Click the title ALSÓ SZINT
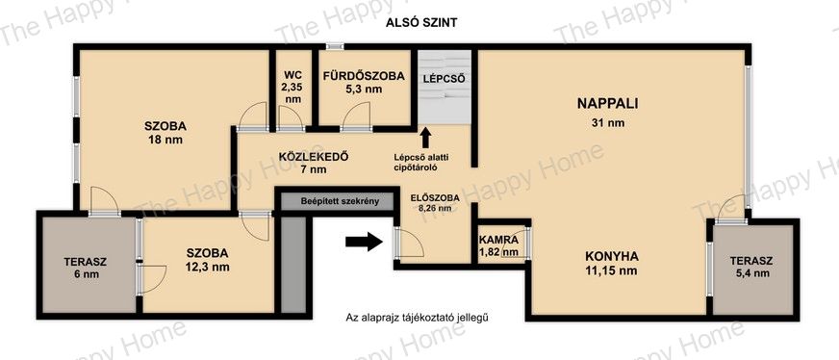pyautogui.click(x=423, y=22)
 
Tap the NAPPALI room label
pyautogui.click(x=607, y=104)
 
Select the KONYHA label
pyautogui.click(x=611, y=256)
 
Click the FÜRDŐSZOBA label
pyautogui.click(x=364, y=76)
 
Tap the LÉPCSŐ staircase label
pyautogui.click(x=445, y=79)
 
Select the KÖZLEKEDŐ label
pyautogui.click(x=314, y=157)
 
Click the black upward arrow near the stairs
pyautogui.click(x=426, y=138)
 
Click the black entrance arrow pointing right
pyautogui.click(x=364, y=242)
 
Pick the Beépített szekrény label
pyautogui.click(x=340, y=202)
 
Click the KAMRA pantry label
pyautogui.click(x=498, y=241)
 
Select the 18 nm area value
pyautogui.click(x=165, y=141)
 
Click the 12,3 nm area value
pyautogui.click(x=208, y=267)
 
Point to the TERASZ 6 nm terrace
pyautogui.click(x=86, y=268)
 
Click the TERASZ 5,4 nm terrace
pyautogui.click(x=751, y=267)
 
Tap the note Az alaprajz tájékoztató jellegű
pyautogui.click(x=418, y=318)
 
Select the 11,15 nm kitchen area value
pyautogui.click(x=611, y=270)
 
